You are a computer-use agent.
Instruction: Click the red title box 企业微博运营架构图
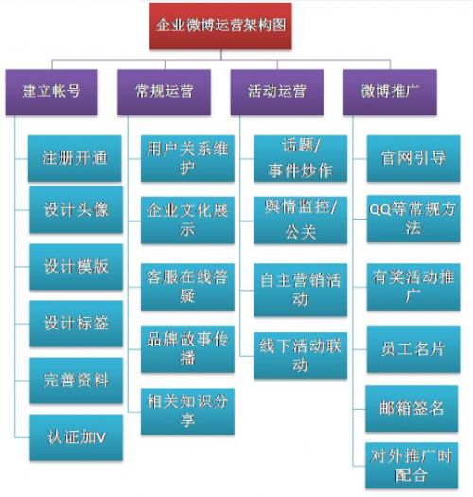pyautogui.click(x=220, y=26)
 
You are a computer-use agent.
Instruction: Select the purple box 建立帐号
pyautogui.click(x=52, y=92)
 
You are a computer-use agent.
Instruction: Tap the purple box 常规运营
pyautogui.click(x=164, y=92)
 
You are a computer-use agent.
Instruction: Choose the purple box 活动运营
pyautogui.click(x=277, y=92)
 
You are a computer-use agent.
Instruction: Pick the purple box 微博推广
pyautogui.click(x=390, y=92)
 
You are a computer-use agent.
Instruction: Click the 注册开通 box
pyautogui.click(x=75, y=158)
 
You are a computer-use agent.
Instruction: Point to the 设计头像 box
pyautogui.click(x=76, y=210)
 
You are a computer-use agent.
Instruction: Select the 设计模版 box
pyautogui.click(x=76, y=267)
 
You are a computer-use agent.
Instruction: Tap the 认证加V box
pyautogui.click(x=76, y=437)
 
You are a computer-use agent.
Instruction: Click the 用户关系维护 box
pyautogui.click(x=187, y=158)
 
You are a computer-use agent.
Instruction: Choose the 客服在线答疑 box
pyautogui.click(x=187, y=287)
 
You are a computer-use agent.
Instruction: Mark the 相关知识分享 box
pyautogui.click(x=187, y=412)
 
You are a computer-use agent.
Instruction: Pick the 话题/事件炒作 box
pyautogui.click(x=300, y=158)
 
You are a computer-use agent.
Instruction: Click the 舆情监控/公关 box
pyautogui.click(x=300, y=220)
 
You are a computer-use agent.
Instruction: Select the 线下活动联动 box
pyautogui.click(x=300, y=355)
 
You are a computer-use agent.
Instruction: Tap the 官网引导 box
pyautogui.click(x=413, y=158)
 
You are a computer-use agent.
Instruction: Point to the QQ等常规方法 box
pyautogui.click(x=413, y=219)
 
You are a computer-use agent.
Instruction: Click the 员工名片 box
pyautogui.click(x=413, y=349)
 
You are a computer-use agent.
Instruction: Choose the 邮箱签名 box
pyautogui.click(x=412, y=409)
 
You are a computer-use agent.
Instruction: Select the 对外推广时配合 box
pyautogui.click(x=412, y=466)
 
